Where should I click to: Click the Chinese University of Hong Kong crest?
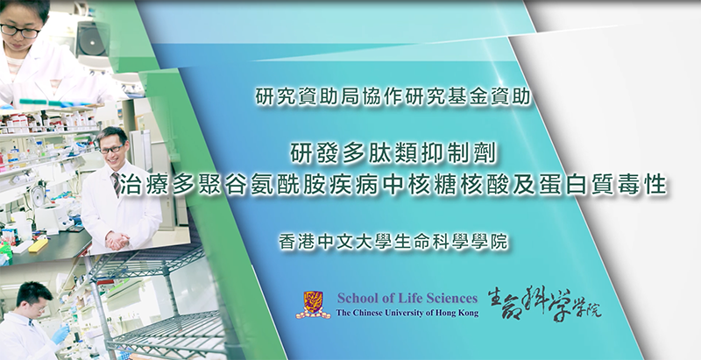pos(313,305)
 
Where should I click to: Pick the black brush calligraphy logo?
pos(544,304)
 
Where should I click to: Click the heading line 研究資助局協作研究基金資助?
pos(393,97)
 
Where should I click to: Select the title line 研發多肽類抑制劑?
pos(393,155)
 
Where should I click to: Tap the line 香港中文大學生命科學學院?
pos(393,242)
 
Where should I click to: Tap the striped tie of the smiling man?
pos(117,184)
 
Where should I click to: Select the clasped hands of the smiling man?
pos(117,241)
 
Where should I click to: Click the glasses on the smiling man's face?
pos(112,149)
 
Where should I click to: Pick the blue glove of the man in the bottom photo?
pos(60,334)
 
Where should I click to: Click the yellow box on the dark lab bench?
pos(38,245)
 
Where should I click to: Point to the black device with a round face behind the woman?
pos(93,39)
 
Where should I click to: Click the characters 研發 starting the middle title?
pos(315,155)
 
